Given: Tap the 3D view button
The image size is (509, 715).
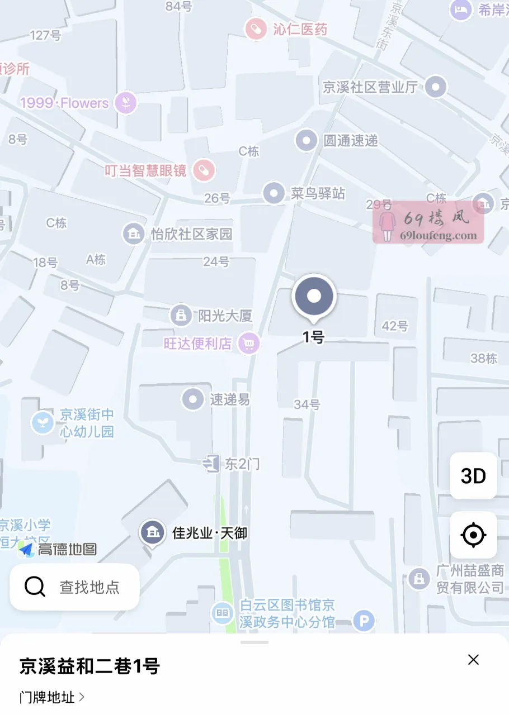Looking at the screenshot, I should click(x=473, y=476).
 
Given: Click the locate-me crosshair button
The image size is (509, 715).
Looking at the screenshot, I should click(x=473, y=535).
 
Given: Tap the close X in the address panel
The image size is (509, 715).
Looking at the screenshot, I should click(x=473, y=660).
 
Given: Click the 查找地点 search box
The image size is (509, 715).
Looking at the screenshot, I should click(x=74, y=587).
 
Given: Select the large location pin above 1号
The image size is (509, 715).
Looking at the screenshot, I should click(x=314, y=297).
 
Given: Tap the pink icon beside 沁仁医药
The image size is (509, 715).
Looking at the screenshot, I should click(x=256, y=29).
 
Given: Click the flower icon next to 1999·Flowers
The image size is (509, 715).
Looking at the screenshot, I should click(x=126, y=103).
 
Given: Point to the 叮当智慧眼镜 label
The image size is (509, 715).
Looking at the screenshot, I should click(x=145, y=170).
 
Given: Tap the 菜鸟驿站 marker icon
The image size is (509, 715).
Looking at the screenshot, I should click(x=274, y=193).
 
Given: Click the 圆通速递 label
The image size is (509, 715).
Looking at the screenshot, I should click(x=351, y=141).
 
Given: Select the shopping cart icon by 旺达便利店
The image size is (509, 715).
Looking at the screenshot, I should click(x=249, y=343).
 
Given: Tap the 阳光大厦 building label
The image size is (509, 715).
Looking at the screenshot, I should click(x=225, y=316).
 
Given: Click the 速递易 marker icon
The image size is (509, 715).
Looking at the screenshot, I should click(x=194, y=399).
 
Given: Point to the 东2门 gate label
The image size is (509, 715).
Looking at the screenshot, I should click(x=242, y=464).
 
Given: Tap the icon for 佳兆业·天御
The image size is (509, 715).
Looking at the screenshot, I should click(x=152, y=532).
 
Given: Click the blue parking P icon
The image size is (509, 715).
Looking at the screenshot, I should click(x=364, y=621).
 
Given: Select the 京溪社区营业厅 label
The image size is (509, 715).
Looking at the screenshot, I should click(x=370, y=87).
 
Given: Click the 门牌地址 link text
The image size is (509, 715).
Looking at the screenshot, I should click(x=48, y=697).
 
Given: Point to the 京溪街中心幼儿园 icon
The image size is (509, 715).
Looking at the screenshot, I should click(x=43, y=422).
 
